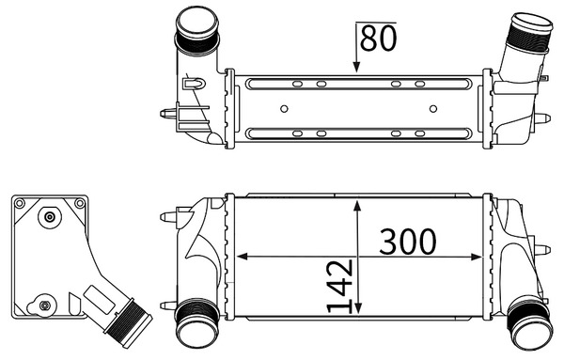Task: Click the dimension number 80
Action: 378,39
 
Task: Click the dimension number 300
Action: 408,242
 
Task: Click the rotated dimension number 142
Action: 339,287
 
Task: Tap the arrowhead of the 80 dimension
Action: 356,67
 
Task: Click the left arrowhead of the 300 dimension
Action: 243,257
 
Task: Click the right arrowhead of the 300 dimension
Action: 477,257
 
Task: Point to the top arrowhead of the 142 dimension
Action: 357,207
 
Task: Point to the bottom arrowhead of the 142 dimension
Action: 357,308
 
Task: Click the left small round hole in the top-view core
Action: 284,109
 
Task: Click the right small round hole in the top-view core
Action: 433,109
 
